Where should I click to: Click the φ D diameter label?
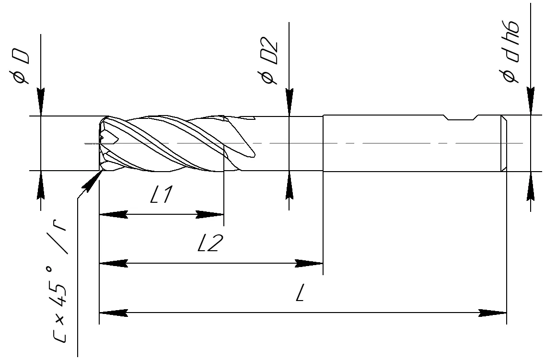[21, 66]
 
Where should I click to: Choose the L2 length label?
[210, 243]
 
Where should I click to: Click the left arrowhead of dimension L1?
[113, 214]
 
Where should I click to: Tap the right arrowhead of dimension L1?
[209, 214]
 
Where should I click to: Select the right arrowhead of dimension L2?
[309, 263]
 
